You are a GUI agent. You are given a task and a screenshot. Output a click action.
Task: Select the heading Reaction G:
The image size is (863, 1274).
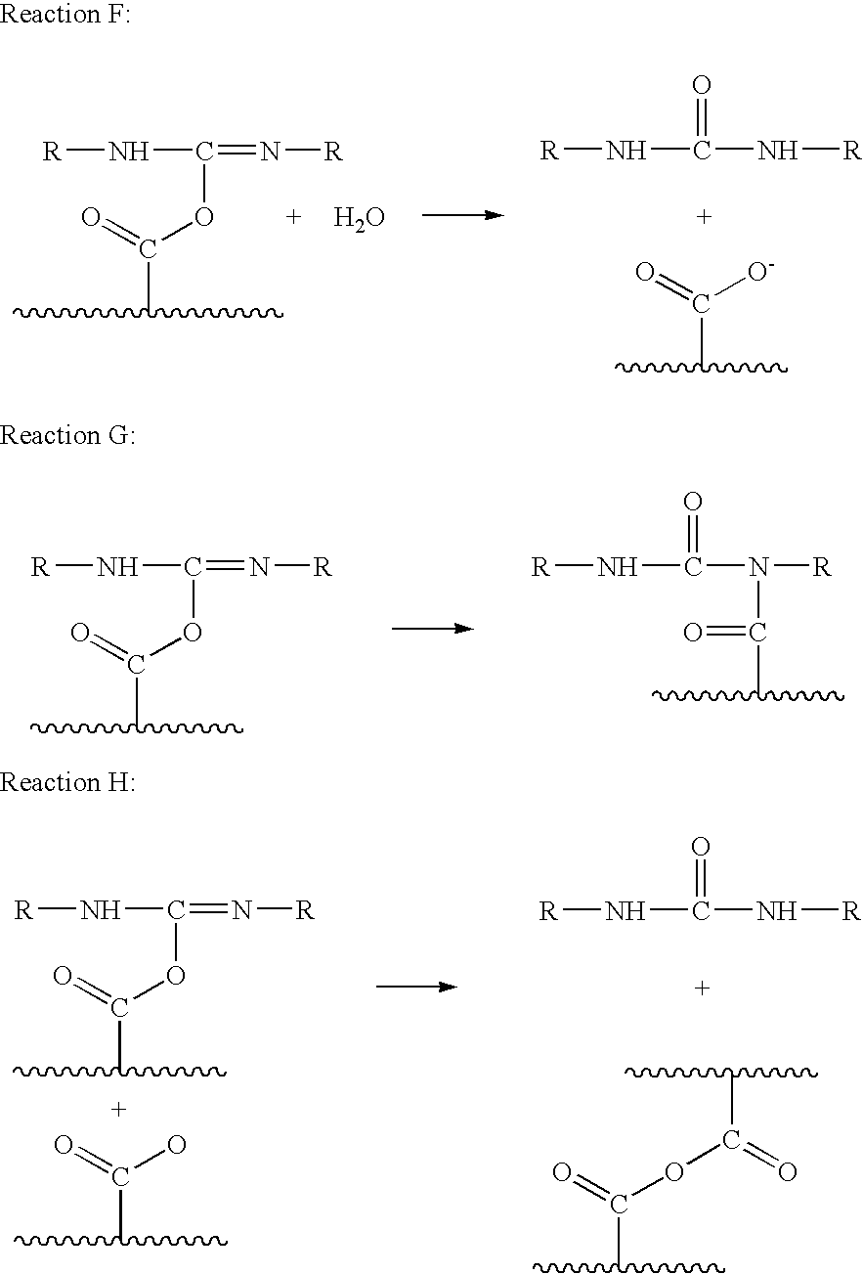click(67, 436)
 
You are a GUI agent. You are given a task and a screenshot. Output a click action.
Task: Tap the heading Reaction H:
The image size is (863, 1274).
click(67, 783)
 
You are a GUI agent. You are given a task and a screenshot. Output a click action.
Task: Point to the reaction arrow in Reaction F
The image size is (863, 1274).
click(461, 215)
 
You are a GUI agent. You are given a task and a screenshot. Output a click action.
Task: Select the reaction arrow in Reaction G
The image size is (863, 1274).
click(432, 629)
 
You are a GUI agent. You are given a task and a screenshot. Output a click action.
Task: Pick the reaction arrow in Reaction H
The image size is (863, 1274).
click(416, 987)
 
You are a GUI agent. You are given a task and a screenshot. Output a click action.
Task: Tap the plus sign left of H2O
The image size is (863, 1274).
click(294, 217)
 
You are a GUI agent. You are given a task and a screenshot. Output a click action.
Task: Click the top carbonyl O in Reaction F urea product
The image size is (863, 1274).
click(701, 86)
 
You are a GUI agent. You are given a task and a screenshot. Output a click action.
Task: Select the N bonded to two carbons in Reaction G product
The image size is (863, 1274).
click(756, 568)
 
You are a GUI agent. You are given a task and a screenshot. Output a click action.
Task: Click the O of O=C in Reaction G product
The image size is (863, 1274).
click(692, 634)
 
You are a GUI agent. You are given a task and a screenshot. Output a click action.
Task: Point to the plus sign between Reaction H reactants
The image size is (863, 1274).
click(119, 1109)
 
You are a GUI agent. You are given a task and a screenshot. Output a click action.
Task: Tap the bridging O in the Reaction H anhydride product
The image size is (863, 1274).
click(672, 1171)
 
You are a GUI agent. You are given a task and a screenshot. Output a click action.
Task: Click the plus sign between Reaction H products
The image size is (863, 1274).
click(701, 988)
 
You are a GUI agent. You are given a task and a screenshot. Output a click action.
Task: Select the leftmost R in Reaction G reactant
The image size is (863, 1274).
click(40, 568)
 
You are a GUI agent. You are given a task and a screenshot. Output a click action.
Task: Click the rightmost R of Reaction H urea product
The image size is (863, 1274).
click(850, 912)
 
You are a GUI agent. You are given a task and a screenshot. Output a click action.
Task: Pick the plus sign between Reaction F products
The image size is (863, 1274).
click(702, 217)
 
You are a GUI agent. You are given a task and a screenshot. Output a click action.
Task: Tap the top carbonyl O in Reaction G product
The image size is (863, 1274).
click(692, 503)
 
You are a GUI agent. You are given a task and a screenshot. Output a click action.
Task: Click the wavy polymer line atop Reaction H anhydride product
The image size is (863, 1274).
click(720, 1074)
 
